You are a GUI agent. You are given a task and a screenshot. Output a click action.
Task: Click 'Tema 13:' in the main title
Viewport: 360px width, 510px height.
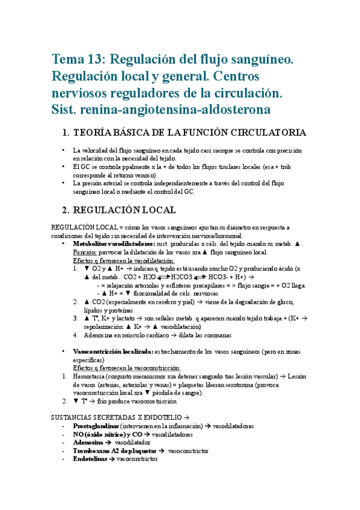click(75, 60)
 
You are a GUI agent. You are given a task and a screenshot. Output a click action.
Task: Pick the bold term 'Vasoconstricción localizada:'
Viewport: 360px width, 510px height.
click(112, 351)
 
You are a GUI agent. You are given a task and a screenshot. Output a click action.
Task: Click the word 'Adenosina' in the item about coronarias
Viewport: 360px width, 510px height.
click(90, 335)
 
